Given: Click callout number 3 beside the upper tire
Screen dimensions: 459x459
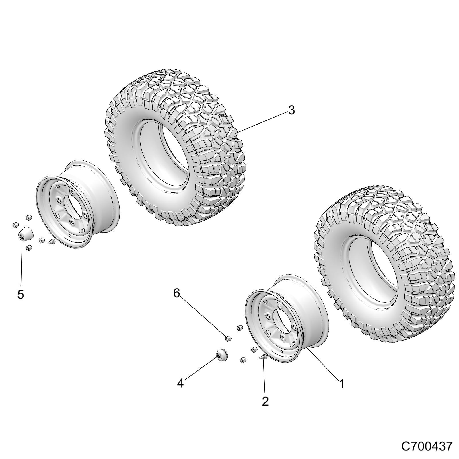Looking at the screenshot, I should [291, 110].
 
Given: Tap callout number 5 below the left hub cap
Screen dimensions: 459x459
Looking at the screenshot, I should [20, 294].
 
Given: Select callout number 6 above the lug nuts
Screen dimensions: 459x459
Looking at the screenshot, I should [176, 293].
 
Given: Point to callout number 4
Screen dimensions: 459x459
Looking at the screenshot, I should [180, 383].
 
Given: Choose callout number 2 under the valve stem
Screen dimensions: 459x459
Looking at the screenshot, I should [265, 401].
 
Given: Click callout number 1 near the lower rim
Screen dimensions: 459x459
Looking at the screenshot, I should [341, 384].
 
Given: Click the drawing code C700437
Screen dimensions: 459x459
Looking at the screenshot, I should [427, 446].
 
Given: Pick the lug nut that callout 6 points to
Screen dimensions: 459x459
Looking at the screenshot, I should [228, 339].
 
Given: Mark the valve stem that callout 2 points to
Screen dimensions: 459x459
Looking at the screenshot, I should [262, 357].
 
